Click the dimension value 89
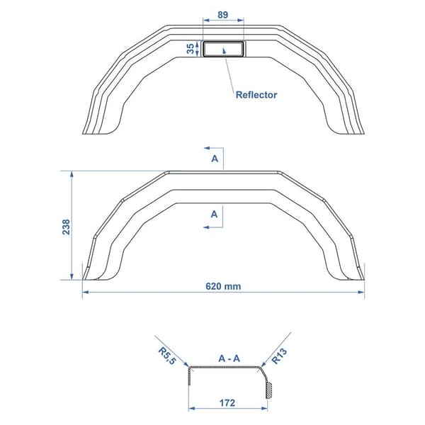tap(223, 15)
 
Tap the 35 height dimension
tap(191, 48)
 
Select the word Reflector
tap(256, 95)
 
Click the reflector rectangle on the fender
tap(223, 49)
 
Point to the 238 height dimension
tap(66, 227)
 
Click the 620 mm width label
tap(223, 286)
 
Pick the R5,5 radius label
tap(167, 356)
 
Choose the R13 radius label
tap(279, 356)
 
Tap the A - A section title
tap(229, 358)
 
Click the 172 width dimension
tap(227, 403)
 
